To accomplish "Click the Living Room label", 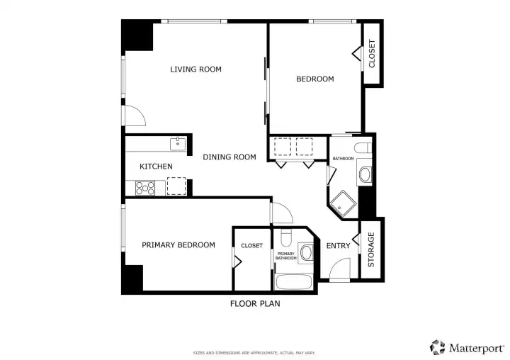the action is [195, 69].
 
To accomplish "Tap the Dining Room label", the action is [229, 157].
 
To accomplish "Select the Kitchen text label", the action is [156, 167].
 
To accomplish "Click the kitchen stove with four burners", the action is [145, 188].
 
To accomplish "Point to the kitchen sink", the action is [178, 144].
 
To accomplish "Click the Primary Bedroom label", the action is [178, 244].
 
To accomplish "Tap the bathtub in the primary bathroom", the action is [294, 282].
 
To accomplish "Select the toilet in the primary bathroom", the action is [286, 237].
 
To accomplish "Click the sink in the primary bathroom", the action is [306, 252].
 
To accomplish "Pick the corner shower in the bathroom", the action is [343, 205].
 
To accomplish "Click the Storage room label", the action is [371, 249].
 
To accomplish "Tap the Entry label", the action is [339, 246].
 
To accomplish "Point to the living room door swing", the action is [140, 112].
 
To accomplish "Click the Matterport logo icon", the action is [438, 348].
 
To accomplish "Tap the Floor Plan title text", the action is [255, 304].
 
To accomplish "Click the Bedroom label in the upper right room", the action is [314, 79].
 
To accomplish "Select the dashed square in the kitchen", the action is [176, 186].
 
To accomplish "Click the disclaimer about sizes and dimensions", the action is [254, 353].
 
